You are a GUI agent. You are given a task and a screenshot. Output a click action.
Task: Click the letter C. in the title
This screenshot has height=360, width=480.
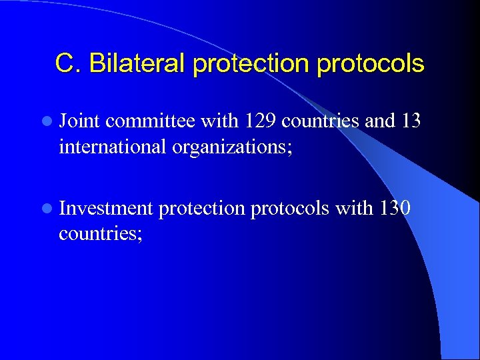[x=69, y=64]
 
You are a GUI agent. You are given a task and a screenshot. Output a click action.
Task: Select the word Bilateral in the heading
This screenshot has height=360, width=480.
[x=137, y=64]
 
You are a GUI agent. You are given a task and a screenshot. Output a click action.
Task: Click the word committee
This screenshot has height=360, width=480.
[x=150, y=121]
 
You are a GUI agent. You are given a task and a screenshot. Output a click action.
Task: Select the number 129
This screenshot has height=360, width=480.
[x=262, y=121]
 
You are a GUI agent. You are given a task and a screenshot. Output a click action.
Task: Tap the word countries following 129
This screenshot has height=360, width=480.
[x=321, y=121]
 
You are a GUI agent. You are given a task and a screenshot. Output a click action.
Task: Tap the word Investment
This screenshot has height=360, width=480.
[x=106, y=209]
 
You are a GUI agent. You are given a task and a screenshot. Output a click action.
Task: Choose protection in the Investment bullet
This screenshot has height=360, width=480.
[x=203, y=209]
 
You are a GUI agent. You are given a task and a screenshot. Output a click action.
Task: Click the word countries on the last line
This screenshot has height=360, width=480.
[x=100, y=233]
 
